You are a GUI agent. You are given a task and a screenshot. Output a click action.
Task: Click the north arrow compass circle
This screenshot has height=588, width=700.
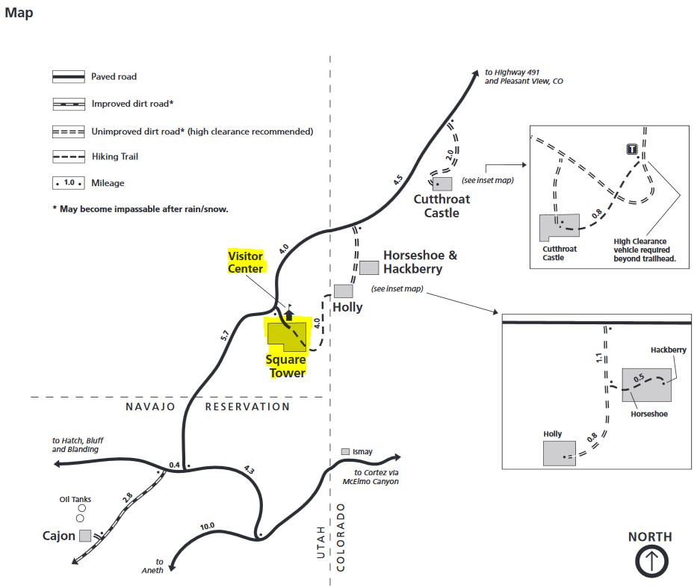coord(651,561)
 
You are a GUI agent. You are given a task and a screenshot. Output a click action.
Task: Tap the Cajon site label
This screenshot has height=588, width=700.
coord(59,535)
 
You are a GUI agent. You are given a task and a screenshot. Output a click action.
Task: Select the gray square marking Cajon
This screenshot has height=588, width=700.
coord(85,536)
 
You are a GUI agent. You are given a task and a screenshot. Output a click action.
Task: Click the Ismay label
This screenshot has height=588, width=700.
coord(362,452)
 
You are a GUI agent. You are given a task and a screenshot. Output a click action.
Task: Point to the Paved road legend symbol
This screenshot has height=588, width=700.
coord(68,77)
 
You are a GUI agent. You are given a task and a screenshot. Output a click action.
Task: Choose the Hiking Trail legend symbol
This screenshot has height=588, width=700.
coord(68,157)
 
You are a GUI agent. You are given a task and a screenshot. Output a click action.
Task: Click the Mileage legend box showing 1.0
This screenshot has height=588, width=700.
coord(68,182)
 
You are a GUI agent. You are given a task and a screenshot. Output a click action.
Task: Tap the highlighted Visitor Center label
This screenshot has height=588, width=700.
coord(246,262)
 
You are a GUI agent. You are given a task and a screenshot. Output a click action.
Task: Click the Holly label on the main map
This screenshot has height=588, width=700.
coord(347,307)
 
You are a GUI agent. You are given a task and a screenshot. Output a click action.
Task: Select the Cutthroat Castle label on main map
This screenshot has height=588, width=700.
coord(442,205)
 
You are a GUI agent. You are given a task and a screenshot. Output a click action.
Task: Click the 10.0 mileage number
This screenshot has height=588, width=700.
coord(207,527)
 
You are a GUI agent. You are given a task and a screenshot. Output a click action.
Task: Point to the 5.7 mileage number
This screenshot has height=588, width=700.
coord(225,335)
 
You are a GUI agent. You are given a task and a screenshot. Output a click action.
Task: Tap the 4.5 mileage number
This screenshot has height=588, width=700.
coord(397,180)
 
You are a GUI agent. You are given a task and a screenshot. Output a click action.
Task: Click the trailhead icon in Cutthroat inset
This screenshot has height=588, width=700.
coord(632,149)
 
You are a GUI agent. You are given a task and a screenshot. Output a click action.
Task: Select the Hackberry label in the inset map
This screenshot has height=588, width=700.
coord(669,350)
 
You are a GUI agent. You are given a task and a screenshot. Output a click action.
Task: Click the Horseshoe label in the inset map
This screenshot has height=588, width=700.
coord(649,414)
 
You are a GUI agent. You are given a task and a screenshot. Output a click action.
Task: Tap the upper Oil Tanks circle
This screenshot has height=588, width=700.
coord(81,508)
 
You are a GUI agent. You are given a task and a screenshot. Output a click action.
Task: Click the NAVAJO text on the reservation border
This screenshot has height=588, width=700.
coord(150,406)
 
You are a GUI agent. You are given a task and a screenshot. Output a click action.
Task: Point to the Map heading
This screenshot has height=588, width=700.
coord(19,13)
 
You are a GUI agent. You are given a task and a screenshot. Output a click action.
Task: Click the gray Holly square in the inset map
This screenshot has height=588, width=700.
coord(560,454)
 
